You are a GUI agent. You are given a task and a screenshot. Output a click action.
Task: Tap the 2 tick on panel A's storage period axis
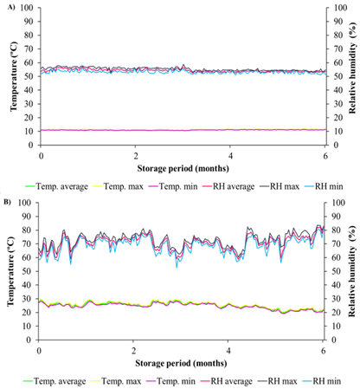tap(136, 155)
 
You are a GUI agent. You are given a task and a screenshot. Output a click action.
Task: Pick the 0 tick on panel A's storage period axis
tap(41, 155)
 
